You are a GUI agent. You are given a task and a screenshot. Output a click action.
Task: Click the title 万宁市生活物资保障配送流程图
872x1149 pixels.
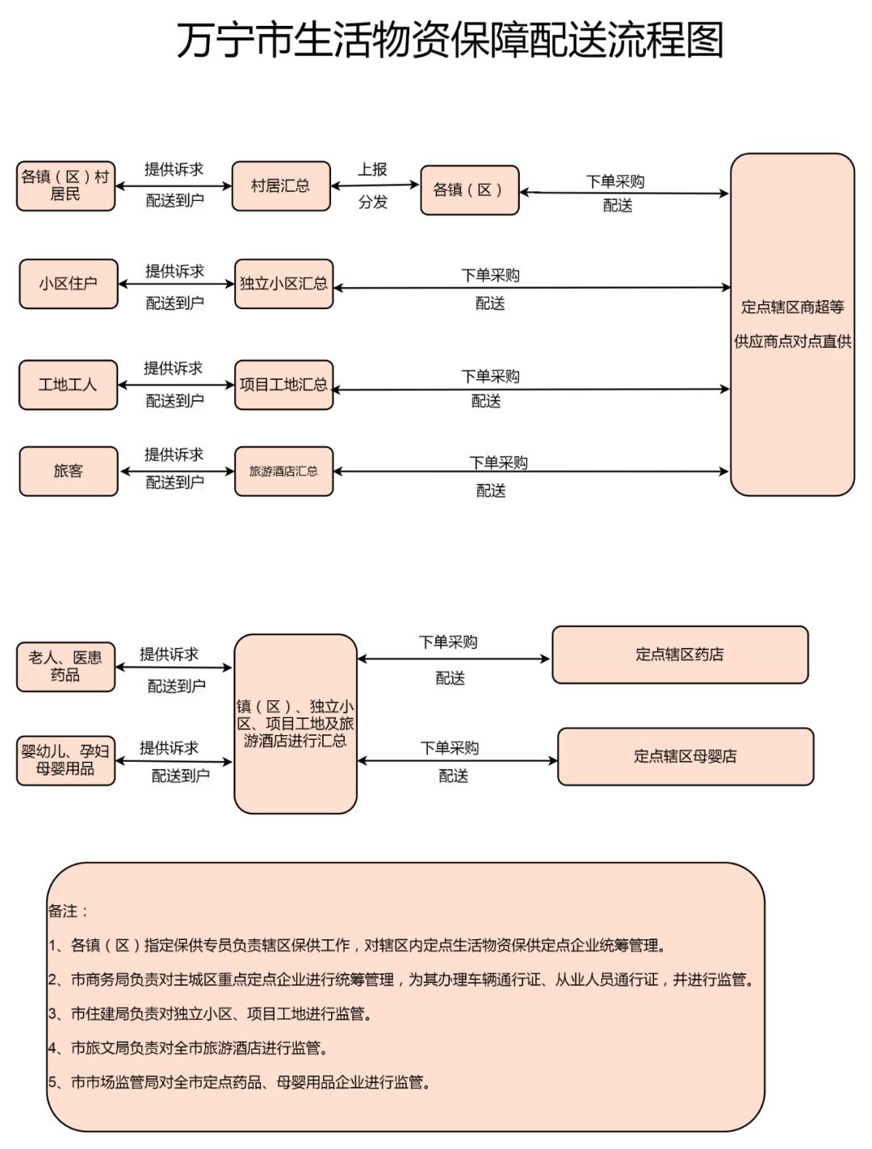[x=449, y=40]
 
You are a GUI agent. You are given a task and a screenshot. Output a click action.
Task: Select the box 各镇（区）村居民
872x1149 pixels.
[x=65, y=186]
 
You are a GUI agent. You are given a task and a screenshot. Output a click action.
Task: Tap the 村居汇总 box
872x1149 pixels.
[x=280, y=186]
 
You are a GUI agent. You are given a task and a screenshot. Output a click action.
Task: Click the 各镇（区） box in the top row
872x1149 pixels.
[x=469, y=190]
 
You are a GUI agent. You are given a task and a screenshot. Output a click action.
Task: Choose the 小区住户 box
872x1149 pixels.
[x=69, y=284]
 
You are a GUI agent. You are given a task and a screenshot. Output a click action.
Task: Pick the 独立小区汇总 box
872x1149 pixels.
[x=283, y=284]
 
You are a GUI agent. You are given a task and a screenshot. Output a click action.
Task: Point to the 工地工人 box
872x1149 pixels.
[x=69, y=385]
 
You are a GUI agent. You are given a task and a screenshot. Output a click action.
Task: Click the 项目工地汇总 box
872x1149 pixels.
[x=283, y=385]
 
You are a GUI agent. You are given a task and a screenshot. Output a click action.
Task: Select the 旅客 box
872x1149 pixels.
[x=69, y=471]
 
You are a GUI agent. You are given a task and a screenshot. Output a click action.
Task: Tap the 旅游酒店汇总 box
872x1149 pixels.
[x=283, y=471]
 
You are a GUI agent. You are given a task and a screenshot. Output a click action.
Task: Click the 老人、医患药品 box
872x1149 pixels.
[x=65, y=667]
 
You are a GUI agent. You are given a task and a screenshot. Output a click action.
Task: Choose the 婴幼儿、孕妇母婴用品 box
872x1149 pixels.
[x=65, y=760]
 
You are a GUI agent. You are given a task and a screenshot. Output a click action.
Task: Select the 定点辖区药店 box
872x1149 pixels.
[x=680, y=654]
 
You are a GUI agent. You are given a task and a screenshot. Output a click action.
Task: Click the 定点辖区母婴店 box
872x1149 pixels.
[x=685, y=756]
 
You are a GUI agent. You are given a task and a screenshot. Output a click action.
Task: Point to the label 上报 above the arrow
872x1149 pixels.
[x=373, y=169]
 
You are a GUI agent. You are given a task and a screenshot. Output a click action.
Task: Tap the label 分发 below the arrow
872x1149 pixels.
[x=373, y=202]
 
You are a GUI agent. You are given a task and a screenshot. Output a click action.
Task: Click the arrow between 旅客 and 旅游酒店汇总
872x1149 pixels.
[x=176, y=471]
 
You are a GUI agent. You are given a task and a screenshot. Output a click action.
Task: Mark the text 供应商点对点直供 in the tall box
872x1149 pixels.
[x=792, y=341]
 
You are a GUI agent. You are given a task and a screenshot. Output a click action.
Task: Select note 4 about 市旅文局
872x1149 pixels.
[x=189, y=1048]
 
